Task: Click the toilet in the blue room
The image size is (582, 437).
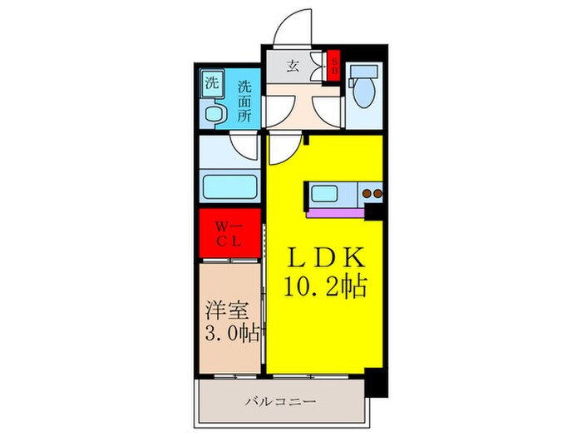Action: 363,91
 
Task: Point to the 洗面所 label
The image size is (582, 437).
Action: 244,101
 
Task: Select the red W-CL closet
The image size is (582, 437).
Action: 229,234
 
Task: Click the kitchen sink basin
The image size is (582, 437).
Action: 323,196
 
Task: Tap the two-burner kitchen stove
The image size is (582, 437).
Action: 371,196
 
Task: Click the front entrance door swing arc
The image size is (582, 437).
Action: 290,27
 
